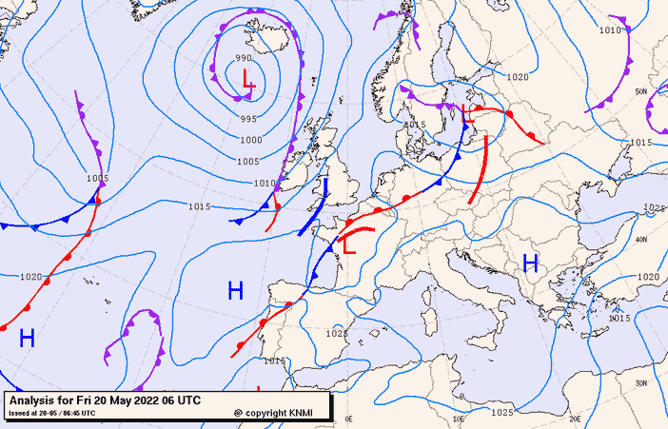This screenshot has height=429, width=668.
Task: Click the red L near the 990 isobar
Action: (x=248, y=79)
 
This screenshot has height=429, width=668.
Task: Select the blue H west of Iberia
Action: (x=235, y=289)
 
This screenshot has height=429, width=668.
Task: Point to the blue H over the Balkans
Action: (x=530, y=263)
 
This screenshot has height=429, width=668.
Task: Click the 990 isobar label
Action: (x=244, y=59)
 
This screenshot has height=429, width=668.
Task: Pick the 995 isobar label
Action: (x=248, y=119)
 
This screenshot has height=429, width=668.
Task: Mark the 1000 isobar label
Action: (x=251, y=140)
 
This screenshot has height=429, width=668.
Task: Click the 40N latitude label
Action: (x=642, y=239)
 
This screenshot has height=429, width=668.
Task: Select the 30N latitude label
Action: (x=642, y=382)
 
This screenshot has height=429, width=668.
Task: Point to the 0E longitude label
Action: (x=348, y=419)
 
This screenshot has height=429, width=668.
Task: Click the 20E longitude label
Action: (x=575, y=419)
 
